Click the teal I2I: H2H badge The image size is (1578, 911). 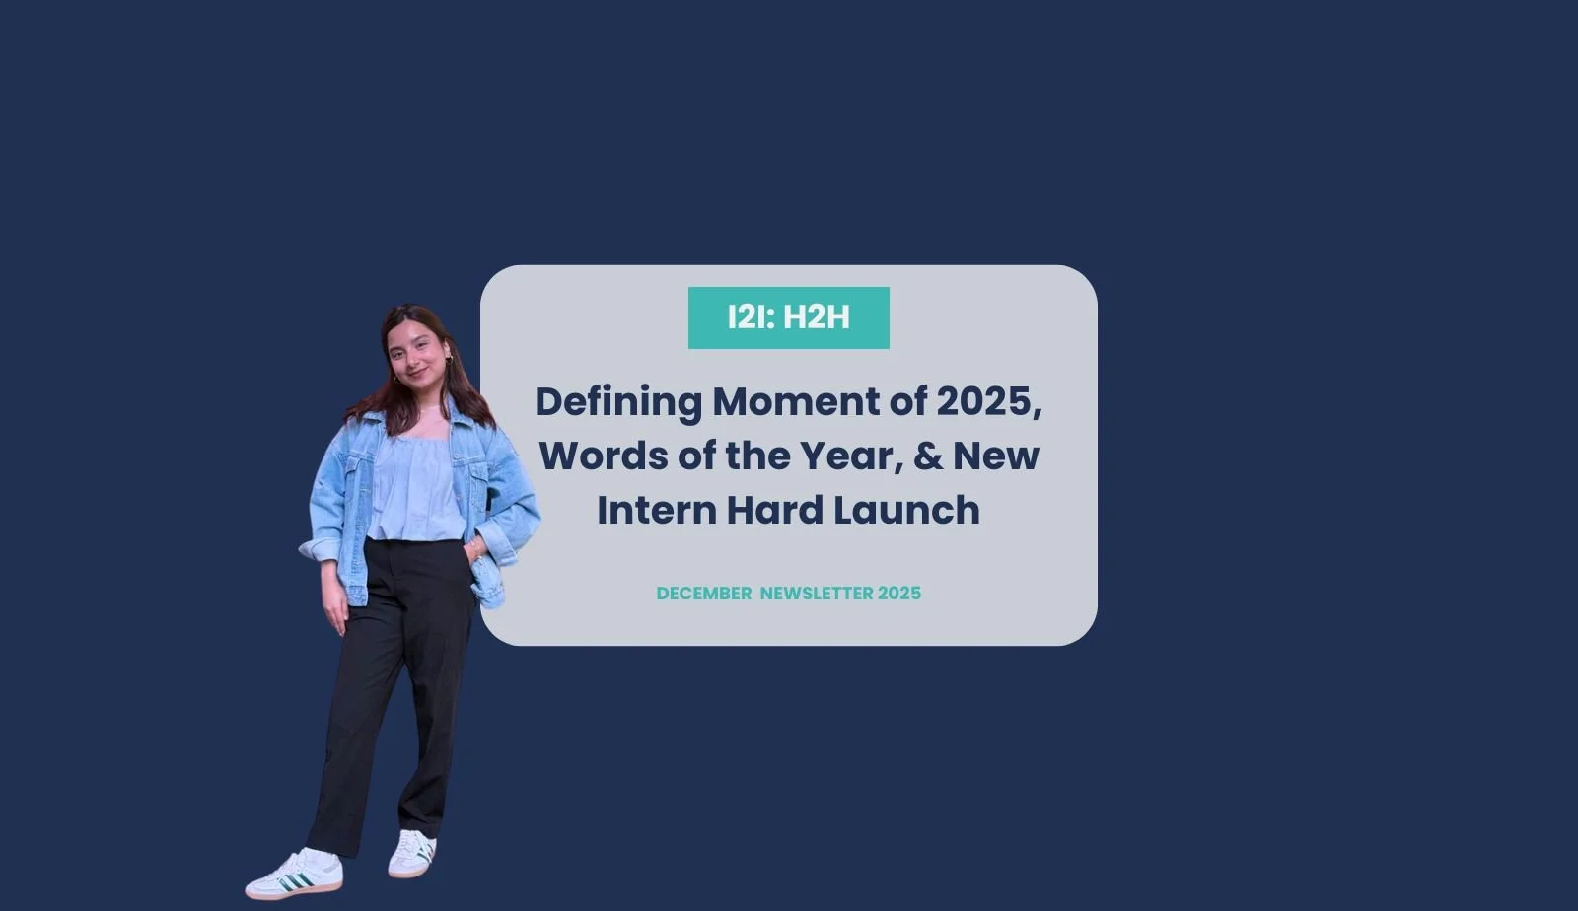coord(788,317)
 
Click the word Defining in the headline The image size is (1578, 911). coord(618,402)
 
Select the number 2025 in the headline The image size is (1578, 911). coord(986,402)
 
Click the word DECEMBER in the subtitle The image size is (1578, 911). coord(704,594)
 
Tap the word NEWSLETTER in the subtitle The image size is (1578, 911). coord(817,594)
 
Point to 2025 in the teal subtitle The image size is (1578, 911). coord(899,594)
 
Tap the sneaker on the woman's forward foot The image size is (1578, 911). coord(295,875)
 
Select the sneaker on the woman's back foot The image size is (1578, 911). coord(412,854)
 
